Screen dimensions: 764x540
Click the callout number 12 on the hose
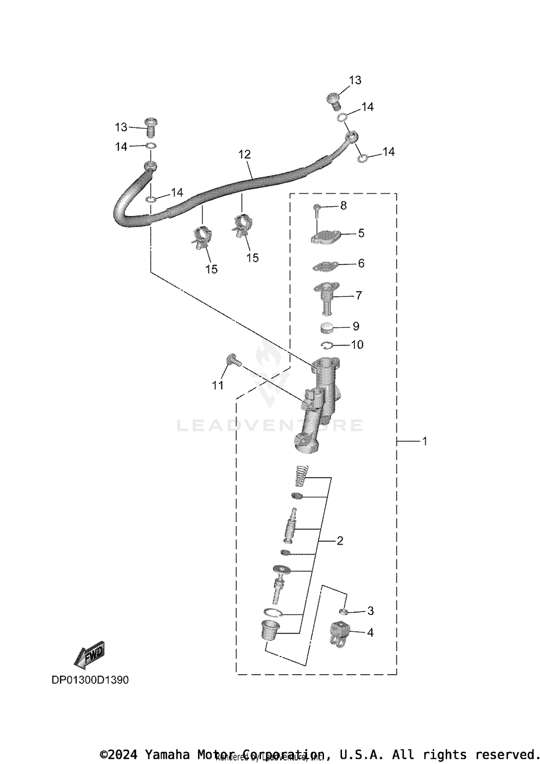[244, 155]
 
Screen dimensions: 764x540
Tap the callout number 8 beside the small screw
[343, 205]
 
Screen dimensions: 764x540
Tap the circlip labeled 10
[327, 345]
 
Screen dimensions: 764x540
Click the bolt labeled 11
[232, 360]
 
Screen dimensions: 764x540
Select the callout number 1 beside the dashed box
[424, 441]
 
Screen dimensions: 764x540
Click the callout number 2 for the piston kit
[339, 540]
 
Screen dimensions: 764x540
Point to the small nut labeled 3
[343, 611]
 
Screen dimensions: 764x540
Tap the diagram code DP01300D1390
[90, 680]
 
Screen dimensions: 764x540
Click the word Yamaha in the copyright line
[166, 754]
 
